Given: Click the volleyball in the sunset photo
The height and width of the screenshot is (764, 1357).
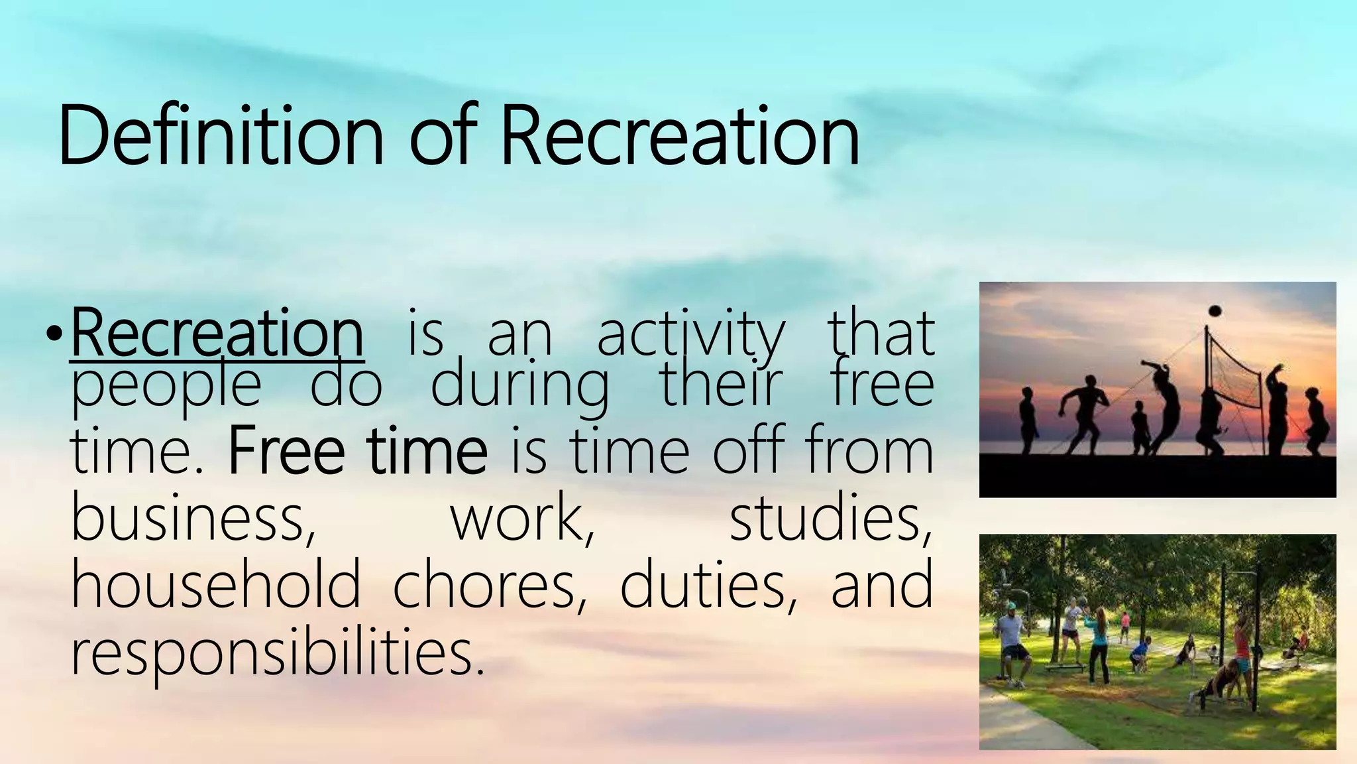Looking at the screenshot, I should (1215, 311).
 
